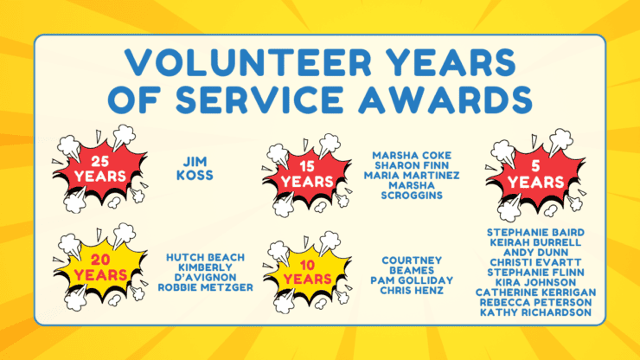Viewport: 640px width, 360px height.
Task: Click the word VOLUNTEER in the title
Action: click(248, 62)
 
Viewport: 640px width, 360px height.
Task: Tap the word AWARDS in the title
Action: click(445, 99)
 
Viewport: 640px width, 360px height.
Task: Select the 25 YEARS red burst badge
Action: click(100, 169)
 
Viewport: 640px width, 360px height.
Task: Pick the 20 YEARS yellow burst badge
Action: click(100, 267)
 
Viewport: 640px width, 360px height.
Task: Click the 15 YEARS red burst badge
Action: click(307, 175)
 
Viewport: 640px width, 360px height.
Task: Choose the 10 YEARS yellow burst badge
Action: click(307, 272)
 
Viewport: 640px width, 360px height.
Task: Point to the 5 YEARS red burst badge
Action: click(535, 175)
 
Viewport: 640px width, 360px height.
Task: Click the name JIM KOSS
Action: click(195, 169)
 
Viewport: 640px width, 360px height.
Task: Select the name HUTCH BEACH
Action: click(205, 257)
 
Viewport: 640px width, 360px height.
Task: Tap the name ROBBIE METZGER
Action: click(205, 287)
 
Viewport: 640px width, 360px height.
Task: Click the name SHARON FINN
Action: click(412, 165)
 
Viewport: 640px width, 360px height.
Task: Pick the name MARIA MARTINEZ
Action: click(412, 176)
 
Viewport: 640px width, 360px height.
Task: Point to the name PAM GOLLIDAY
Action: click(412, 280)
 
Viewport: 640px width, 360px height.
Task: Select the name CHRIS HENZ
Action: click(412, 291)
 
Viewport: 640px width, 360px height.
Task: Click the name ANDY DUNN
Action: click(535, 252)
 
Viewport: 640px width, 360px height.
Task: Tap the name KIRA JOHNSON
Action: click(535, 282)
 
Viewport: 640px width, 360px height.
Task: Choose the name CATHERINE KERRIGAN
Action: click(535, 292)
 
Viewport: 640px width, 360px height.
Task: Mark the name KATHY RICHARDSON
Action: click(535, 312)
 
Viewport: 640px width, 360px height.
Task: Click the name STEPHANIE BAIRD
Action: click(535, 233)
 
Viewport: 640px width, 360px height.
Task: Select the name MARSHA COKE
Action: click(412, 155)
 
